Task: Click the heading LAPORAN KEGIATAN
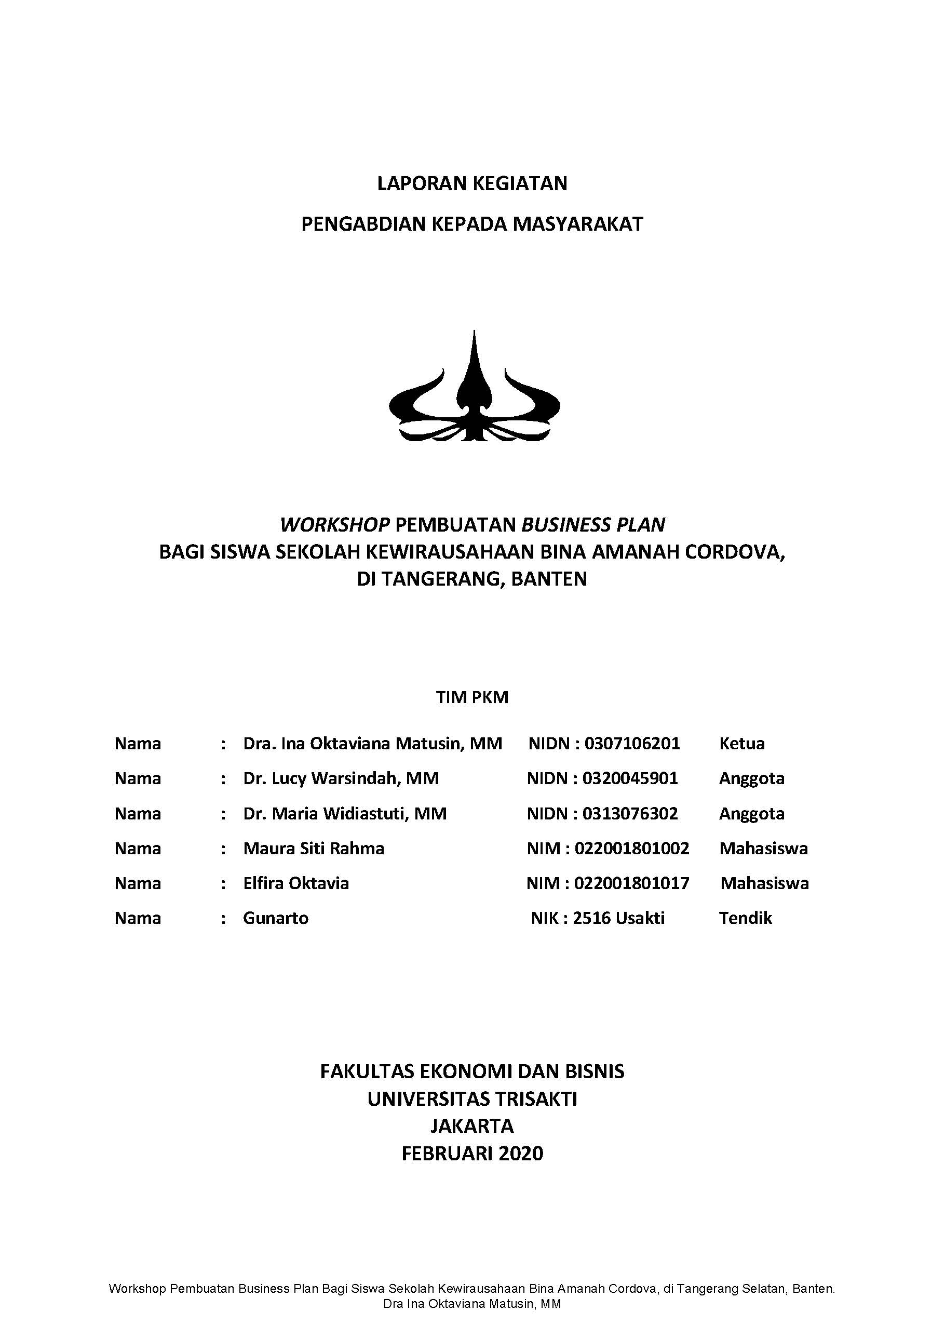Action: [472, 184]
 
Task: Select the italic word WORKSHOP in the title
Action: [334, 525]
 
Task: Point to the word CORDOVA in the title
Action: [734, 552]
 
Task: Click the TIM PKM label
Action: [472, 698]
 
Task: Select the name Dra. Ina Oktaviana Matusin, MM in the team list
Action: [372, 744]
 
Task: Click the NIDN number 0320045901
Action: [630, 778]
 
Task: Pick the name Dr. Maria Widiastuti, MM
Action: [344, 814]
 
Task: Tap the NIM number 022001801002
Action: [631, 849]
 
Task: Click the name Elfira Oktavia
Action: [295, 883]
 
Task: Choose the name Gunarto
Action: [275, 918]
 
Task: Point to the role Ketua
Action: [741, 744]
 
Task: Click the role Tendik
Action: [745, 918]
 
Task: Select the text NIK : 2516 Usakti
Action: [597, 918]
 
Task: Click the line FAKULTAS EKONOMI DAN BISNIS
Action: [472, 1071]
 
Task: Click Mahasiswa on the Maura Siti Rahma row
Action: [763, 849]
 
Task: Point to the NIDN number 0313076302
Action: [630, 814]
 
